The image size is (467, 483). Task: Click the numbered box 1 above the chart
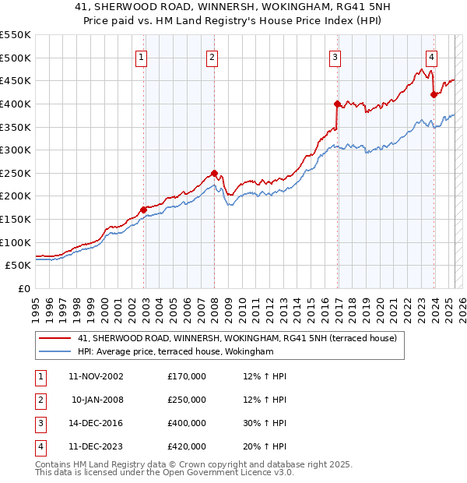click(141, 56)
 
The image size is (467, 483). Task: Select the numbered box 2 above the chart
click(212, 56)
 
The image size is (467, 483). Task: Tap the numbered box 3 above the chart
click(335, 56)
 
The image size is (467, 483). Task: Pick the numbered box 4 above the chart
click(430, 56)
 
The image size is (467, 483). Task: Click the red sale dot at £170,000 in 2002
click(144, 210)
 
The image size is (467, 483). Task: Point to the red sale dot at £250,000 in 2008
click(214, 173)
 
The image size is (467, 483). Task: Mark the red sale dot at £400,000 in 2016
click(337, 104)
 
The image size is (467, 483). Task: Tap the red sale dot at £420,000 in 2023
click(434, 94)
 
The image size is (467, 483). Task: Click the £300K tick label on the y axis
click(16, 150)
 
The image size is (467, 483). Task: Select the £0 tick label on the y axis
click(23, 288)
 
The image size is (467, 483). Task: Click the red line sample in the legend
click(54, 338)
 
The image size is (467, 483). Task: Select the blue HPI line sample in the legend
click(54, 352)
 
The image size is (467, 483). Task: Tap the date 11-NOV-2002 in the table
click(96, 376)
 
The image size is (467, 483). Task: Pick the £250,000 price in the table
click(186, 400)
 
